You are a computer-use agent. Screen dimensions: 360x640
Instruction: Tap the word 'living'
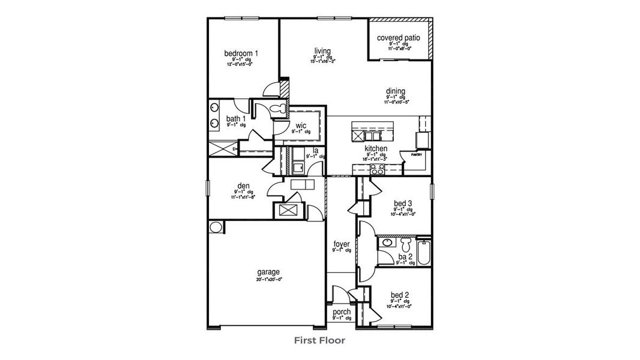[323, 51]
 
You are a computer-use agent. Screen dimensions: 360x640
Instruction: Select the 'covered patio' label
[399, 38]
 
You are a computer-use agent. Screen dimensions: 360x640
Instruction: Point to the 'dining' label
[395, 92]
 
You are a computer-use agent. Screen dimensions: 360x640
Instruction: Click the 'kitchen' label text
[376, 148]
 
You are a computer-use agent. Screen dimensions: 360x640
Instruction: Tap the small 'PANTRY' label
[417, 155]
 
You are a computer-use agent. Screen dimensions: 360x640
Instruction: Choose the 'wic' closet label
[301, 125]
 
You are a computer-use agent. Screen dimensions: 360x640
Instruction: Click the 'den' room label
[243, 186]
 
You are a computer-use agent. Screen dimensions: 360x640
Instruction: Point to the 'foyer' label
[341, 244]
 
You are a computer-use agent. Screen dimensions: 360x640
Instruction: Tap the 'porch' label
[341, 312]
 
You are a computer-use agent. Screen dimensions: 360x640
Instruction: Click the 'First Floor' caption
[319, 340]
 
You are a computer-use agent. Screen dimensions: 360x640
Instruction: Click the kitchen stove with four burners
[377, 170]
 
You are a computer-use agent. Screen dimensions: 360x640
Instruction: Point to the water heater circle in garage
[215, 227]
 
